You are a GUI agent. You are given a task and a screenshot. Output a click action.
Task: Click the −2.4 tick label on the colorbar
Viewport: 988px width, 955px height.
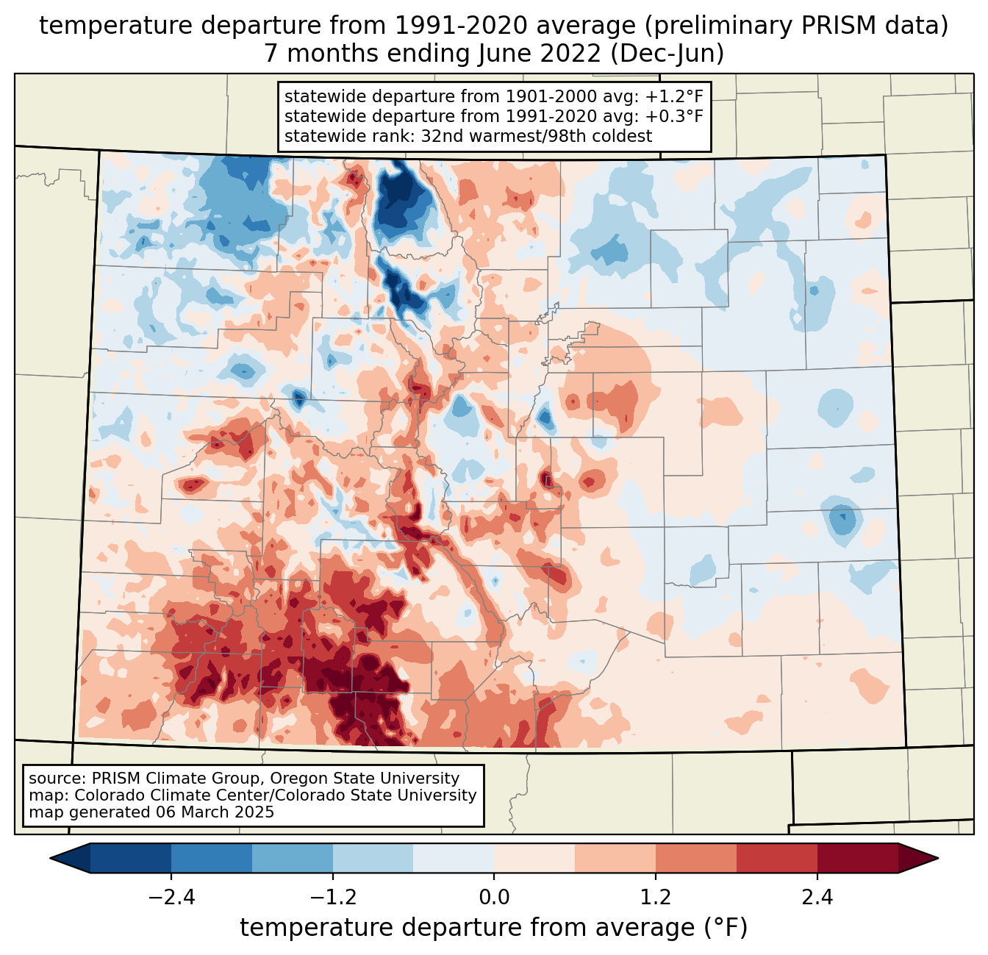171,898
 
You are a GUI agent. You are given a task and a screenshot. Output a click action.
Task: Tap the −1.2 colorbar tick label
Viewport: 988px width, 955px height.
332,898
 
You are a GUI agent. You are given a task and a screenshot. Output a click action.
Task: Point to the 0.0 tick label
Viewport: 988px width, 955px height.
494,898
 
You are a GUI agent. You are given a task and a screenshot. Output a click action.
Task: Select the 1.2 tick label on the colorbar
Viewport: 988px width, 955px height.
656,898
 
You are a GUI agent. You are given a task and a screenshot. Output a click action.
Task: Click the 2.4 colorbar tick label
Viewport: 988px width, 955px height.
817,898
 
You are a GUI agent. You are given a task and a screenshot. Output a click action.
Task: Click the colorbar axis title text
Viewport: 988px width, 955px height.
494,928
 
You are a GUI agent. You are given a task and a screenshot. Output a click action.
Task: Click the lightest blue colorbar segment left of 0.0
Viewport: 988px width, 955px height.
454,858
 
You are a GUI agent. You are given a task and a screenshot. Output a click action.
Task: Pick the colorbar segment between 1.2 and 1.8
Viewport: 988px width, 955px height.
696,858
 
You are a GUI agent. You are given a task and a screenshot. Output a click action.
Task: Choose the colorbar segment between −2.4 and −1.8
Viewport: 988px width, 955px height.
212,858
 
